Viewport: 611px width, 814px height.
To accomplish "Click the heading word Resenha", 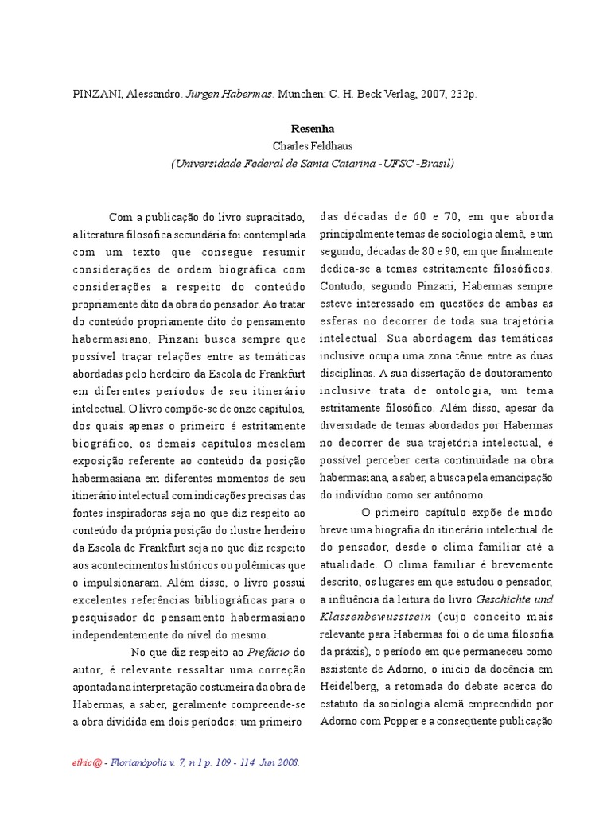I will [312, 128].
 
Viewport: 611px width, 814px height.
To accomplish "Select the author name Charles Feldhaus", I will [312, 145].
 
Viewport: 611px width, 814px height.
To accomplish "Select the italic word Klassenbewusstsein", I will [362, 615].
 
